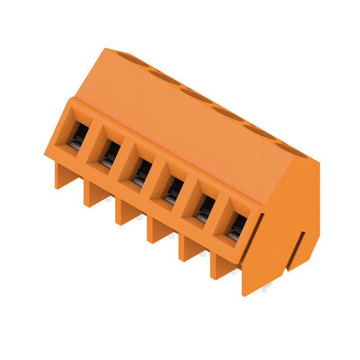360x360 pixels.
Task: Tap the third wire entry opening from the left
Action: pyautogui.click(x=141, y=171)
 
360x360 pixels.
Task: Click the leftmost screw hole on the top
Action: pyautogui.click(x=134, y=59)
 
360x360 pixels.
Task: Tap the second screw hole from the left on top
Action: pyautogui.click(x=165, y=77)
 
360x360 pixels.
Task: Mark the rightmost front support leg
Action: pyautogui.click(x=220, y=267)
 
